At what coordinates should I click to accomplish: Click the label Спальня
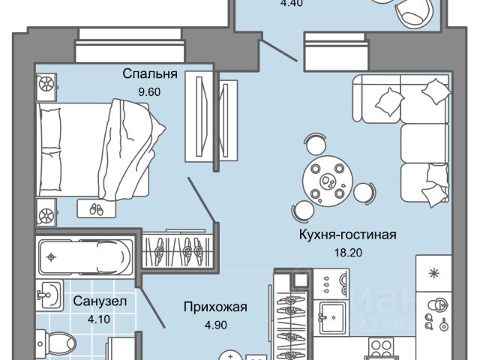click(151, 74)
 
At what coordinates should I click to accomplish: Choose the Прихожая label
click(215, 306)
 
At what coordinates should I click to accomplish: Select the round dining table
click(328, 179)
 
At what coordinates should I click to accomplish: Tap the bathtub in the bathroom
click(84, 257)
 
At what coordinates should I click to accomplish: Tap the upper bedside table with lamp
click(46, 83)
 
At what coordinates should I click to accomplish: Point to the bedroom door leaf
click(201, 199)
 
